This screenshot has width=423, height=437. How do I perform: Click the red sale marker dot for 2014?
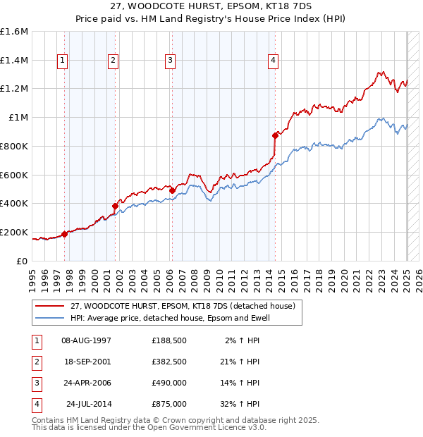tap(275, 135)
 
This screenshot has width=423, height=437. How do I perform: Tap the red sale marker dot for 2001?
tap(115, 206)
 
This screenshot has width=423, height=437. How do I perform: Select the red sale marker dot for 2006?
tap(171, 190)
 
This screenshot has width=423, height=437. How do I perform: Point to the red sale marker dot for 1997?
tap(64, 233)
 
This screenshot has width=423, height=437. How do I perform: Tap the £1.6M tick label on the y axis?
tap(14, 32)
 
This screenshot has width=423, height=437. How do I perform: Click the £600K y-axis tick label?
tap(14, 175)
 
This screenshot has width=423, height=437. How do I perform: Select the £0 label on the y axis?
tap(23, 261)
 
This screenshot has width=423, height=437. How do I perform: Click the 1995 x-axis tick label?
tap(32, 276)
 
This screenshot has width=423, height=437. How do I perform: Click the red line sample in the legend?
tap(50, 306)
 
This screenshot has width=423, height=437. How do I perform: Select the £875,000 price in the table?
tap(169, 404)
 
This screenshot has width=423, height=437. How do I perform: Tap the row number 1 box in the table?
tap(35, 340)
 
